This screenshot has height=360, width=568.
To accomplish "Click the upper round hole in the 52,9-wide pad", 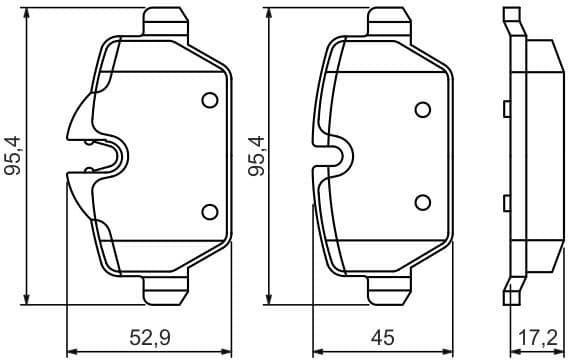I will pyautogui.click(x=209, y=100).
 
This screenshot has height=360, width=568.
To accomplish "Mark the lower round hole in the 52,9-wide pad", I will pyautogui.click(x=209, y=210).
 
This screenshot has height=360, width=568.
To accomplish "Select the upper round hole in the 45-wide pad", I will pyautogui.click(x=423, y=109).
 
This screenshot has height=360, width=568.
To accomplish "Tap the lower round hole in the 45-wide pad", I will pyautogui.click(x=423, y=201).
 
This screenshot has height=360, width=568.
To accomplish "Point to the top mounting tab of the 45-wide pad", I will pyautogui.click(x=388, y=19).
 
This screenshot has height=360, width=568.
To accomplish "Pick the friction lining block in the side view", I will pyautogui.click(x=543, y=155).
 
